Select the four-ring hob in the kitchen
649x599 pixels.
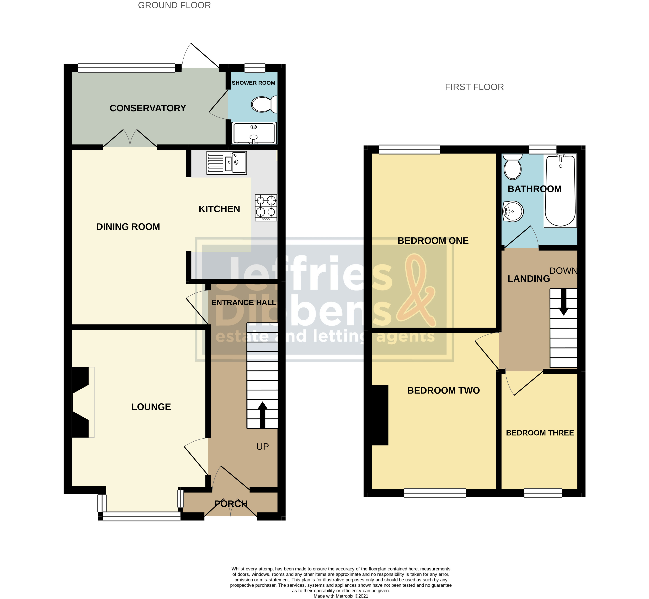point(266,208)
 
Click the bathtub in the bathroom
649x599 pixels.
point(561,191)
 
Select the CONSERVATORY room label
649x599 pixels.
point(148,108)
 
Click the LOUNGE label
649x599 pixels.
point(151,407)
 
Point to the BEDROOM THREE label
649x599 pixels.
point(540,433)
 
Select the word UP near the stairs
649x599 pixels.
point(262,447)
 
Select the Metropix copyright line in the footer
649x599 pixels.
point(341,596)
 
